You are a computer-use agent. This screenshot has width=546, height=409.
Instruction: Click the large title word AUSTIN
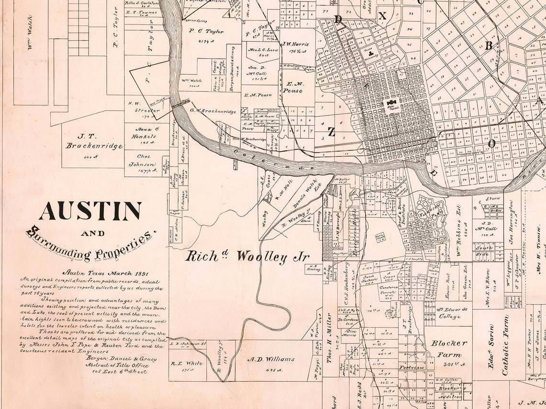tap(90, 210)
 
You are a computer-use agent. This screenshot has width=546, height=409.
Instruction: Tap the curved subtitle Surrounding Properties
tap(91, 243)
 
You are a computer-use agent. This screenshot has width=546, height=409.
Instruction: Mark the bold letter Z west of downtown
tap(331, 132)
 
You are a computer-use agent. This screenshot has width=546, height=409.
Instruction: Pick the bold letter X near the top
tap(382, 16)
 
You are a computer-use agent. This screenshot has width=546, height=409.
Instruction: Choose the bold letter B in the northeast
tap(489, 45)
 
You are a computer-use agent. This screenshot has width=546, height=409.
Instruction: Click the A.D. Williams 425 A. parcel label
tap(271, 359)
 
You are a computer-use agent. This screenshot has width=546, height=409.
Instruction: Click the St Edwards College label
tap(449, 313)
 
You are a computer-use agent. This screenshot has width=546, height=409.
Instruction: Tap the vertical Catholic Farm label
tap(506, 344)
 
